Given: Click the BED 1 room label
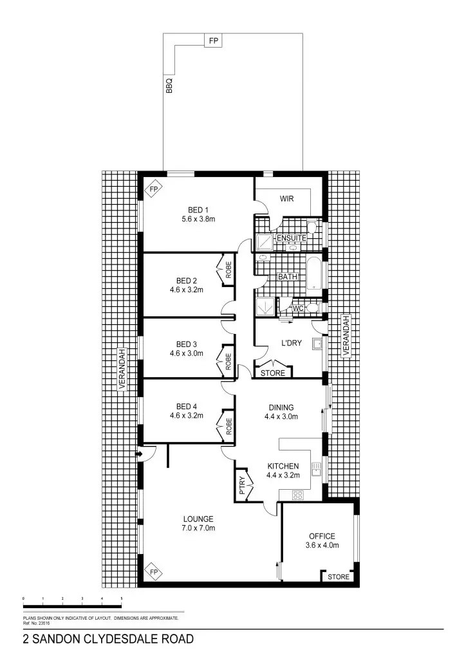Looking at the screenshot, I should tap(198, 209).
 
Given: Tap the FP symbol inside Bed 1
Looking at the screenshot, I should tap(153, 189).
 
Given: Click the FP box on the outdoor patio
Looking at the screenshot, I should tap(212, 41).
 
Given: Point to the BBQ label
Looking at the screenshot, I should tap(169, 86).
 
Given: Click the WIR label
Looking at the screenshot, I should tap(286, 199).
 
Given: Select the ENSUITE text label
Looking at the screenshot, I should tap(291, 238).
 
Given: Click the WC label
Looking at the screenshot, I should tap(297, 309).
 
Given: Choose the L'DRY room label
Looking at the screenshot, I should tap(290, 343).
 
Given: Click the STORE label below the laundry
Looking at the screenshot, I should tap(272, 373).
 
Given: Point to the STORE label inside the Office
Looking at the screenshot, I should tap(338, 577).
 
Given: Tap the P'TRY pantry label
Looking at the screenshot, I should tap(242, 485).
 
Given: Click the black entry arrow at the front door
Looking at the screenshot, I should tap(139, 454).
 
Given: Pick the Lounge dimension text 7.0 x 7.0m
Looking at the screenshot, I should tap(198, 528).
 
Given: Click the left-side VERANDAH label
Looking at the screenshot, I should tap(121, 369).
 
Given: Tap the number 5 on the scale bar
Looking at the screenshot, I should tap(122, 599).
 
